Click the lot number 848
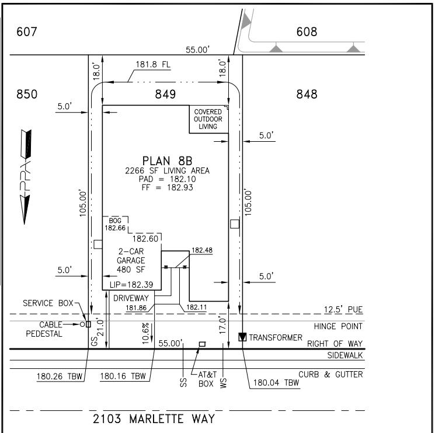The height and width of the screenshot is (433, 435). pyautogui.click(x=307, y=94)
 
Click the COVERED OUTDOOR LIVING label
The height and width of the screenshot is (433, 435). pyautogui.click(x=208, y=119)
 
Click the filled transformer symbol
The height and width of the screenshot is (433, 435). pyautogui.click(x=243, y=337)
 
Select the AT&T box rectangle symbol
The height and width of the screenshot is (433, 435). pyautogui.click(x=202, y=344)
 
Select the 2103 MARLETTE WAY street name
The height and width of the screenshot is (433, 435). pyautogui.click(x=154, y=418)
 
